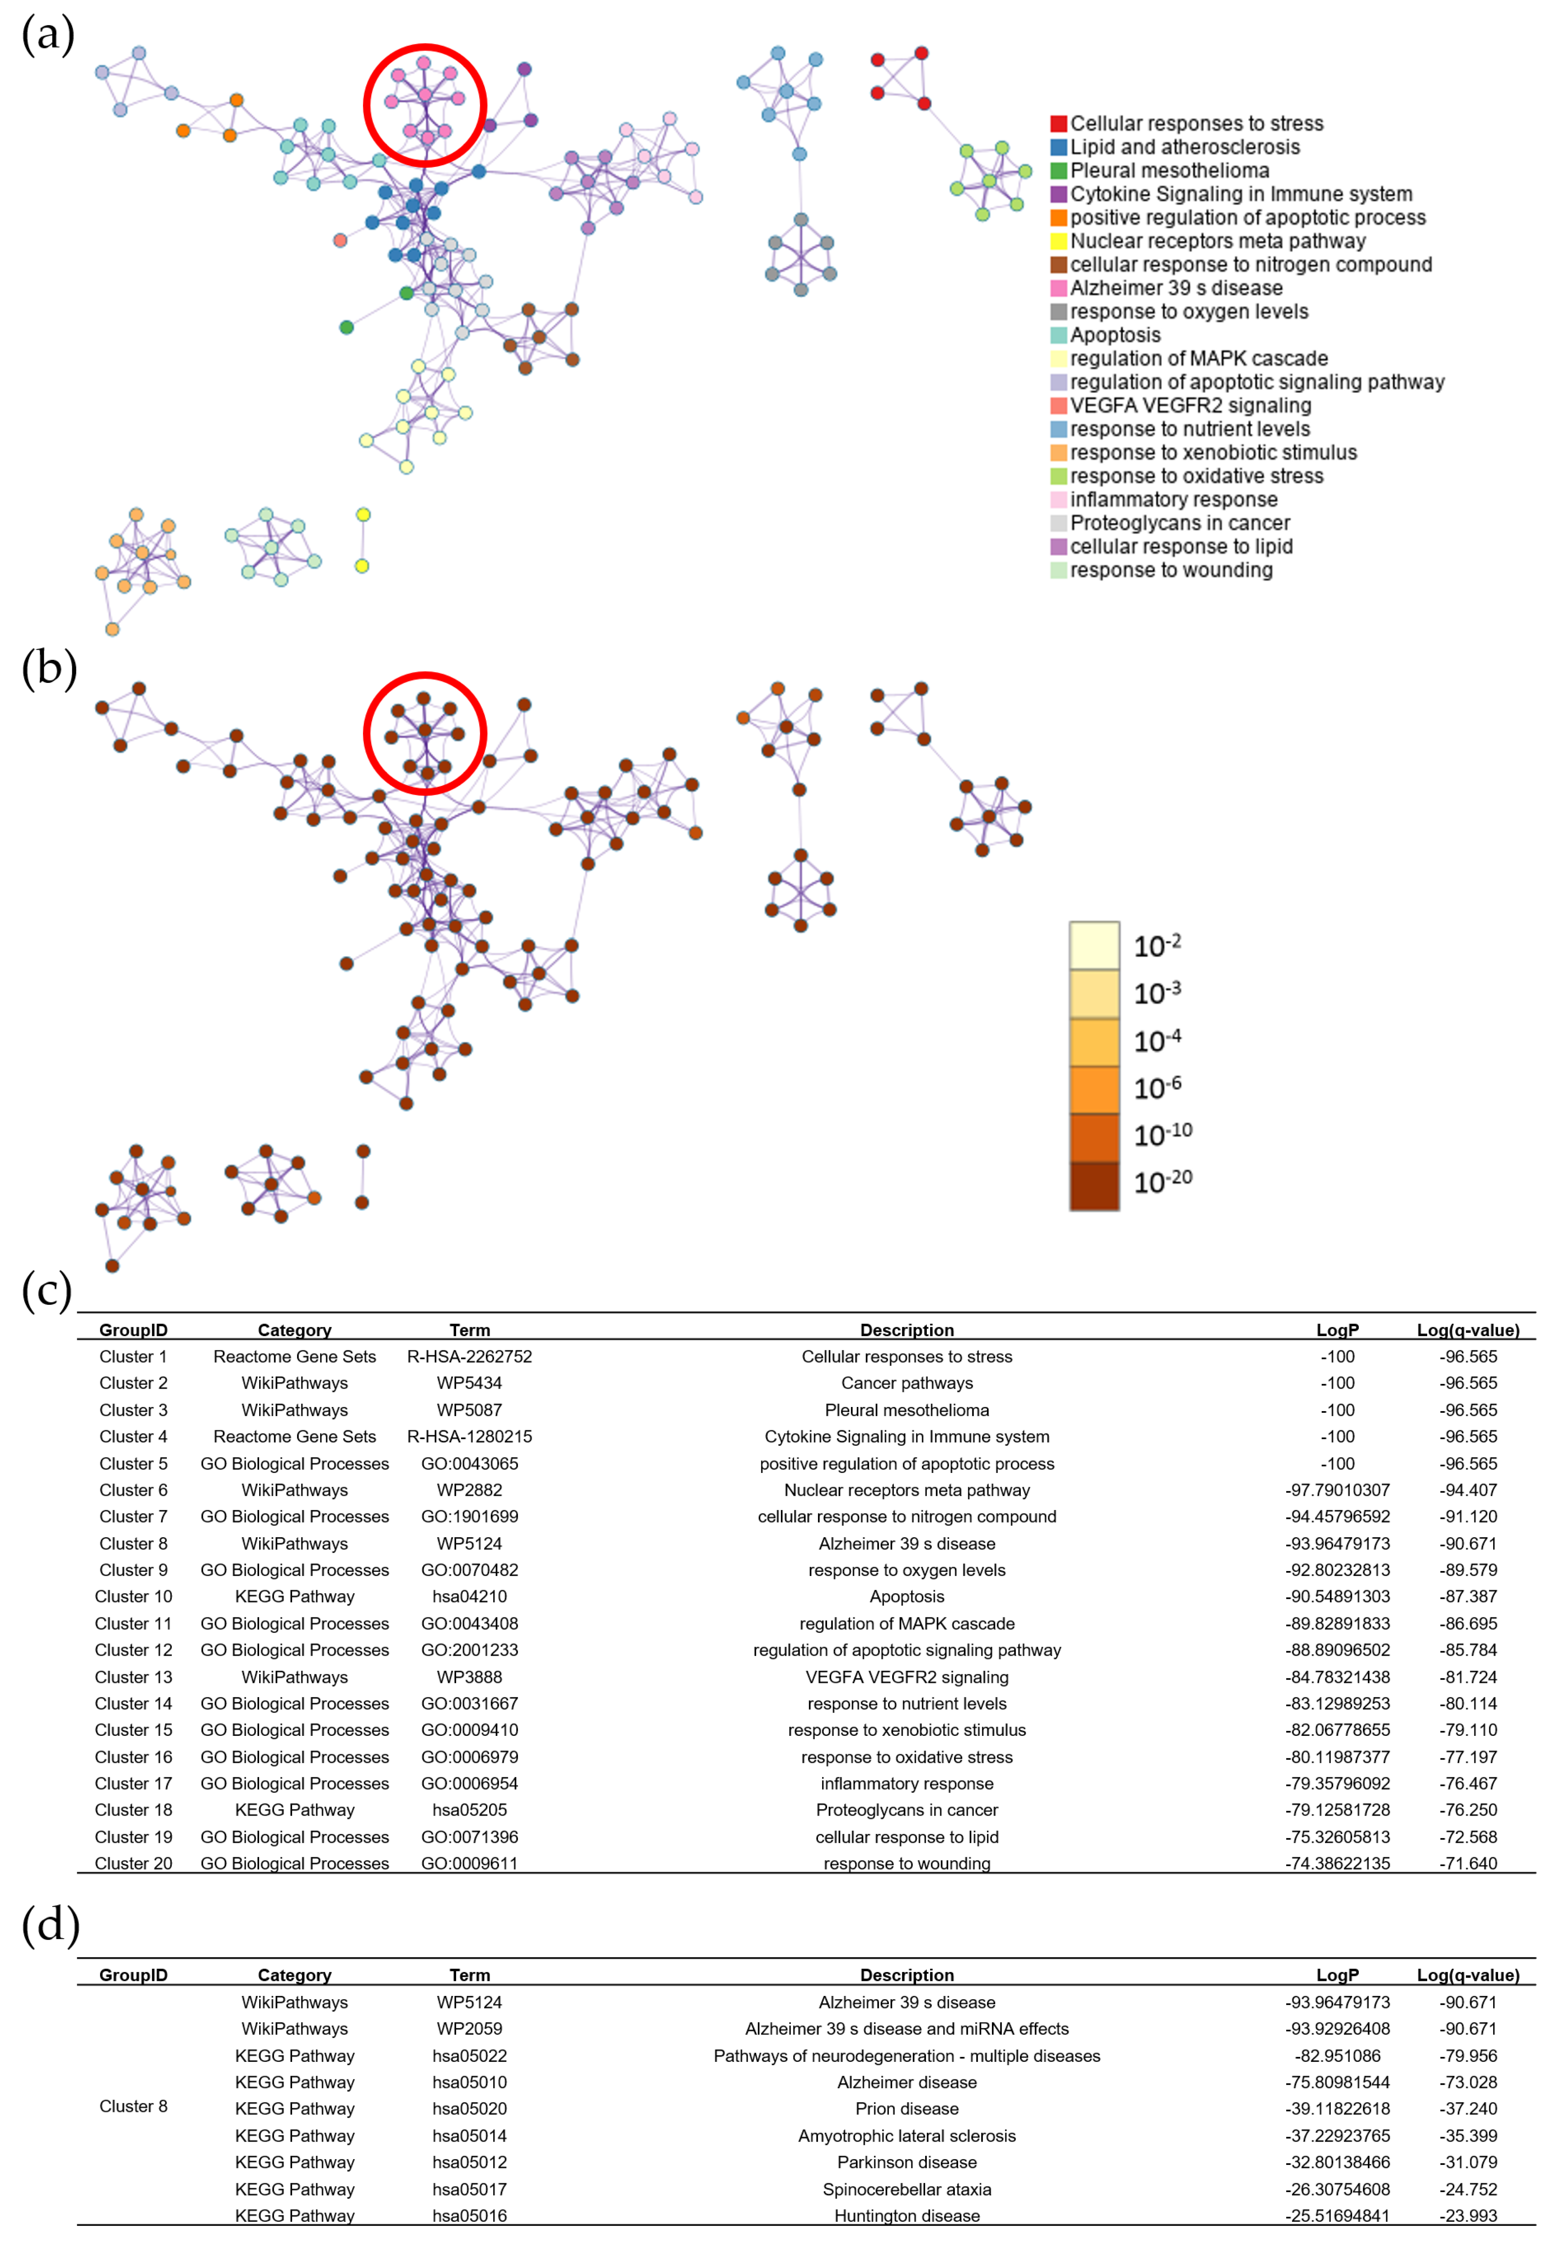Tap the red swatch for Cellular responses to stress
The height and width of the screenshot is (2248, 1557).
1058,124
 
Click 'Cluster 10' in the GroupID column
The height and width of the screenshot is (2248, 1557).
134,1596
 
